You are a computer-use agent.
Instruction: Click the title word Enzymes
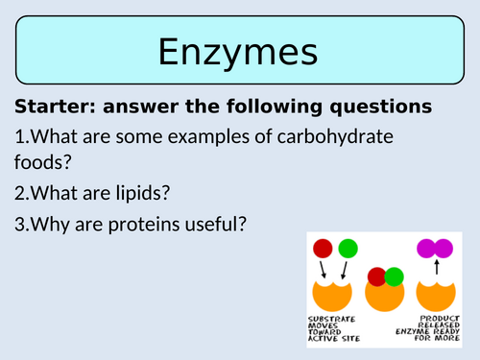pyautogui.click(x=239, y=51)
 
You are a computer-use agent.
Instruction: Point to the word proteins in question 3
pyautogui.click(x=129, y=226)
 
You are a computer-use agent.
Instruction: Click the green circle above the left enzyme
pyautogui.click(x=348, y=249)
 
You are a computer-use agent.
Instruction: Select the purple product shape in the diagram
pyautogui.click(x=435, y=249)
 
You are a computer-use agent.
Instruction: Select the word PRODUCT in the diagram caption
pyautogui.click(x=436, y=319)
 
